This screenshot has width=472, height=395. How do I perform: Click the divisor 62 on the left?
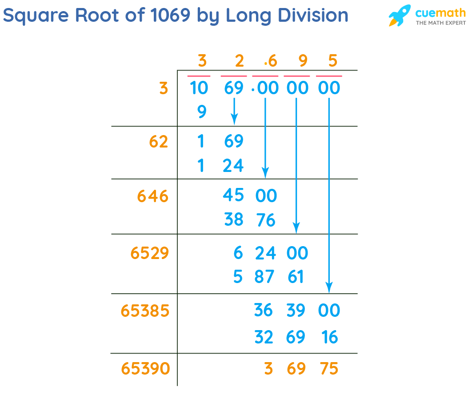pos(158,142)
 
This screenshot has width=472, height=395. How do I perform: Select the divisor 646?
pos(152,196)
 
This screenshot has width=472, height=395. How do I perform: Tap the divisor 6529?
pos(150,253)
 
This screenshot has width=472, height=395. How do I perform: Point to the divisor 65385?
pos(145,311)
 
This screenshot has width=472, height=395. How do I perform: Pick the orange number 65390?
pos(145,368)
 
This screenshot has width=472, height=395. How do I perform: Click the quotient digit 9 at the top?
pos(303,61)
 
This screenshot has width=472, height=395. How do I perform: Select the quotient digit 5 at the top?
pos(333,61)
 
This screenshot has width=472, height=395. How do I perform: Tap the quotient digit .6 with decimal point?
pos(270,61)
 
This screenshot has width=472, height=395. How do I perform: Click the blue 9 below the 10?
pos(202,112)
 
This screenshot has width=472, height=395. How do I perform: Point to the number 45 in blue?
pos(234,195)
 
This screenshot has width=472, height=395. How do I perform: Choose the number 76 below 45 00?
pos(266,220)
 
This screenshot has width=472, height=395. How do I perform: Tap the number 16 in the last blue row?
pos(329,337)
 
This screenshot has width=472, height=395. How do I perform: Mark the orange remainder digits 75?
pos(329,368)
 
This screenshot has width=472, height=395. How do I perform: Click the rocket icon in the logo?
pos(399,16)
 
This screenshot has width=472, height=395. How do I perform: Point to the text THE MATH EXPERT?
pos(440,23)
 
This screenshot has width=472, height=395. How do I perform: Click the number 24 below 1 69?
pos(234,166)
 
